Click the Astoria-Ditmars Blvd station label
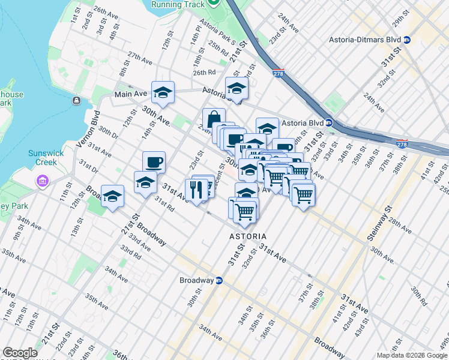(x=364, y=40)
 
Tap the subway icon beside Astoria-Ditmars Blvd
(x=407, y=40)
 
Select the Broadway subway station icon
(x=219, y=280)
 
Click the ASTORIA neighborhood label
(x=248, y=236)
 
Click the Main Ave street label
(x=131, y=94)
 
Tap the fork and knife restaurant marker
(x=196, y=190)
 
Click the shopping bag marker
(x=214, y=119)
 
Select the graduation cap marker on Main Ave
(x=163, y=92)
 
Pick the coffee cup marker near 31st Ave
(x=154, y=162)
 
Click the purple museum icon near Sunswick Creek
(x=42, y=181)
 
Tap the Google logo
(x=20, y=353)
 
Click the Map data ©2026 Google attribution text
(x=412, y=355)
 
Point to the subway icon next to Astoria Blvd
(x=329, y=123)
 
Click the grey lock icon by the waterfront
(x=76, y=100)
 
